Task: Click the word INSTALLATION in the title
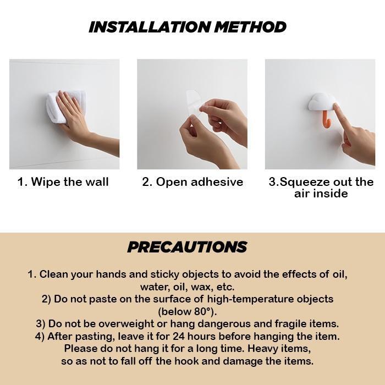tap(150, 27)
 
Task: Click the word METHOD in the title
tap(250, 27)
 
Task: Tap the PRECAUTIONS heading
tap(187, 247)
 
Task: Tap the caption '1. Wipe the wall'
tap(63, 182)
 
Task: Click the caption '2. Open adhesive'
tap(193, 182)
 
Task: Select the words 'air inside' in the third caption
tap(321, 194)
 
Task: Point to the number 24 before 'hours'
tap(179, 336)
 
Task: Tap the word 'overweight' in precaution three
tap(126, 324)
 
